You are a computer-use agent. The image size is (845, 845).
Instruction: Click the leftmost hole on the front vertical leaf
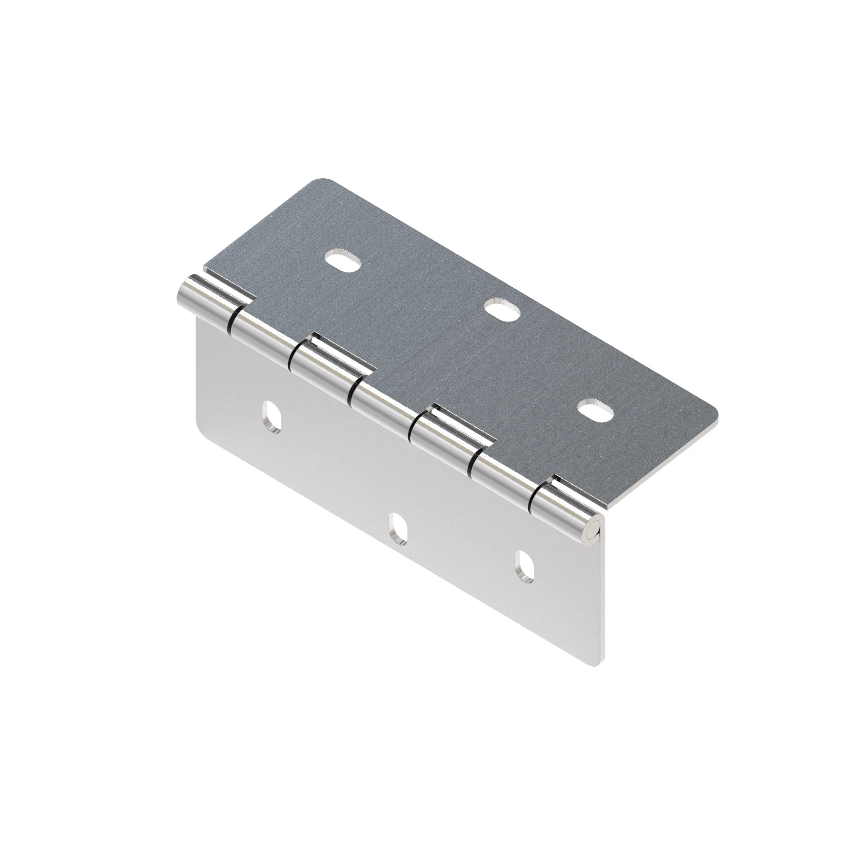(271, 419)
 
